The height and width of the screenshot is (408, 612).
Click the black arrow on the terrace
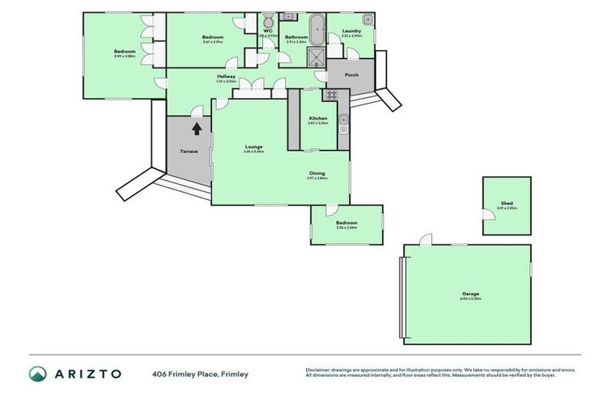[x=196, y=127]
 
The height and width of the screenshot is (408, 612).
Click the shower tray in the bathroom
[x=317, y=57]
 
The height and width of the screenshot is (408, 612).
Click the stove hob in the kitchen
[x=331, y=95]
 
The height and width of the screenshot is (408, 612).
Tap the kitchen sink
[x=343, y=121]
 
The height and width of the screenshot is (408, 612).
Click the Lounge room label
[x=253, y=146]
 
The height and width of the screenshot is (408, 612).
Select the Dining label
[x=316, y=173]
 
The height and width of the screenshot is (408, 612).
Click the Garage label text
[x=469, y=293]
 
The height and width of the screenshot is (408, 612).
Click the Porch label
[x=351, y=75]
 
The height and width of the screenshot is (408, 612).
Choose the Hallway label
[x=226, y=76]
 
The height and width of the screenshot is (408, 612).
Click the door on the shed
[x=488, y=214]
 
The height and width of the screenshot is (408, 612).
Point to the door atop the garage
[x=426, y=240]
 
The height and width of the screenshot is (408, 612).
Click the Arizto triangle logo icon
[x=37, y=374]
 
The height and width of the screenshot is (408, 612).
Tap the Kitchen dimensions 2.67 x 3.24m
[x=318, y=124]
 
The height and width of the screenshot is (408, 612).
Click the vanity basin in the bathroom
[x=288, y=16]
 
